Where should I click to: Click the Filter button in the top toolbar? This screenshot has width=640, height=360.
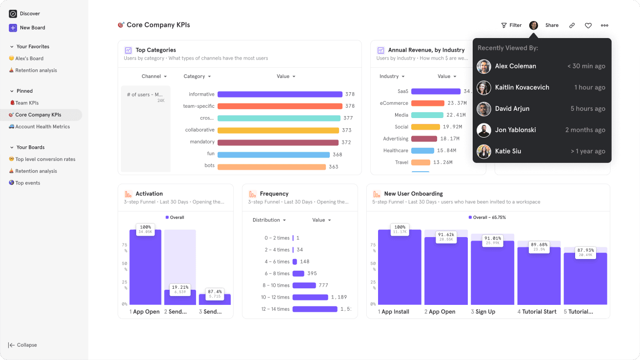511,25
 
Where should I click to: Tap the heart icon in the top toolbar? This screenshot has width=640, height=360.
588,25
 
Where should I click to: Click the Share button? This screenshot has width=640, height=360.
552,25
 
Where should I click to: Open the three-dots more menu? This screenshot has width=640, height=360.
604,25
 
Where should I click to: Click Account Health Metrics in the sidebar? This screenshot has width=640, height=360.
42,127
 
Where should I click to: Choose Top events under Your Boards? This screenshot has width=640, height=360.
27,183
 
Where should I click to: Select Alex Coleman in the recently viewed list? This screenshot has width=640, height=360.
515,66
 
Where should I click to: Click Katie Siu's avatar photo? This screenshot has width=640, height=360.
484,151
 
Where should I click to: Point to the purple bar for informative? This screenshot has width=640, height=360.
280,95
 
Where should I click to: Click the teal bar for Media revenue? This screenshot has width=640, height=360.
427,115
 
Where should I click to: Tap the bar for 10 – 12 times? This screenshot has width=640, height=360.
310,297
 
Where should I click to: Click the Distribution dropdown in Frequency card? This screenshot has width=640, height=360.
269,220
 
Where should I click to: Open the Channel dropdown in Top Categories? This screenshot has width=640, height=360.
154,77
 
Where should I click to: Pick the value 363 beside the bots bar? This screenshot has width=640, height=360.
333,167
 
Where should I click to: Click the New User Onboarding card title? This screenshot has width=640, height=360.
413,194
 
